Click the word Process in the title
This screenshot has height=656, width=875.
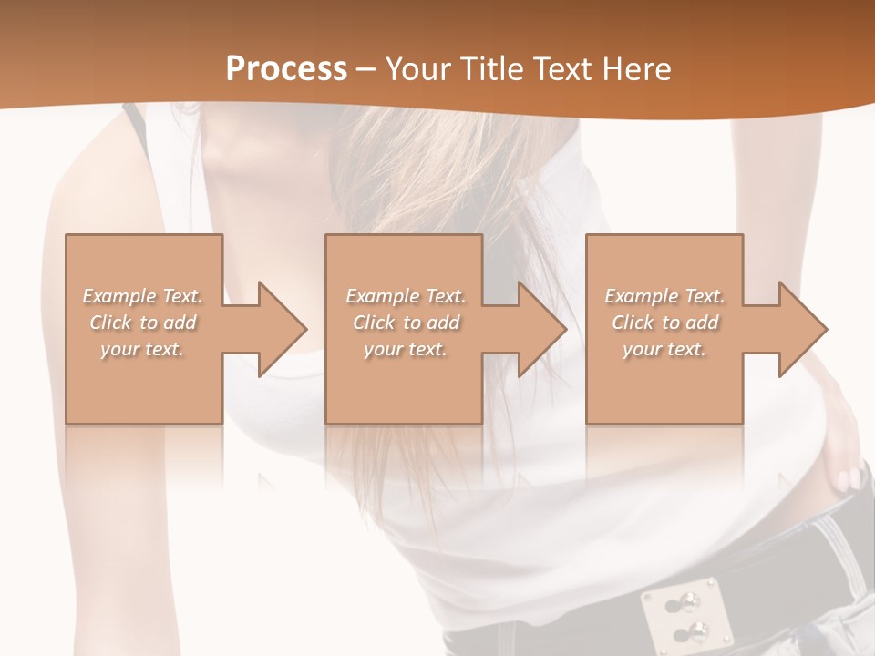286,69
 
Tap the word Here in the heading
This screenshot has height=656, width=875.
635,69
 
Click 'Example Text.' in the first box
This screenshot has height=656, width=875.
142,296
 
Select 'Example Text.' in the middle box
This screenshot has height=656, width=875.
405,296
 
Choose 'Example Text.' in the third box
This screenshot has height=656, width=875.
664,296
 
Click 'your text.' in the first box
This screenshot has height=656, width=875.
142,349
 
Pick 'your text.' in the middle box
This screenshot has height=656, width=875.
405,349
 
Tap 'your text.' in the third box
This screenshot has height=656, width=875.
664,349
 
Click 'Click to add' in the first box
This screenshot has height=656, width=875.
142,323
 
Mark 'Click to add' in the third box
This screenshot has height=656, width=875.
664,323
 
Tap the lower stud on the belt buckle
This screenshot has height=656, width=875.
697,630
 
